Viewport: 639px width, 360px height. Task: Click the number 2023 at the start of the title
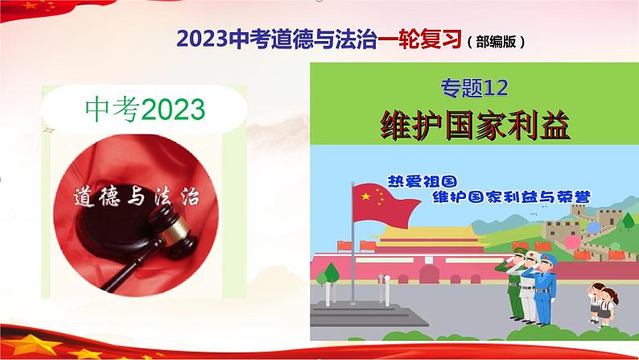click(x=199, y=39)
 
